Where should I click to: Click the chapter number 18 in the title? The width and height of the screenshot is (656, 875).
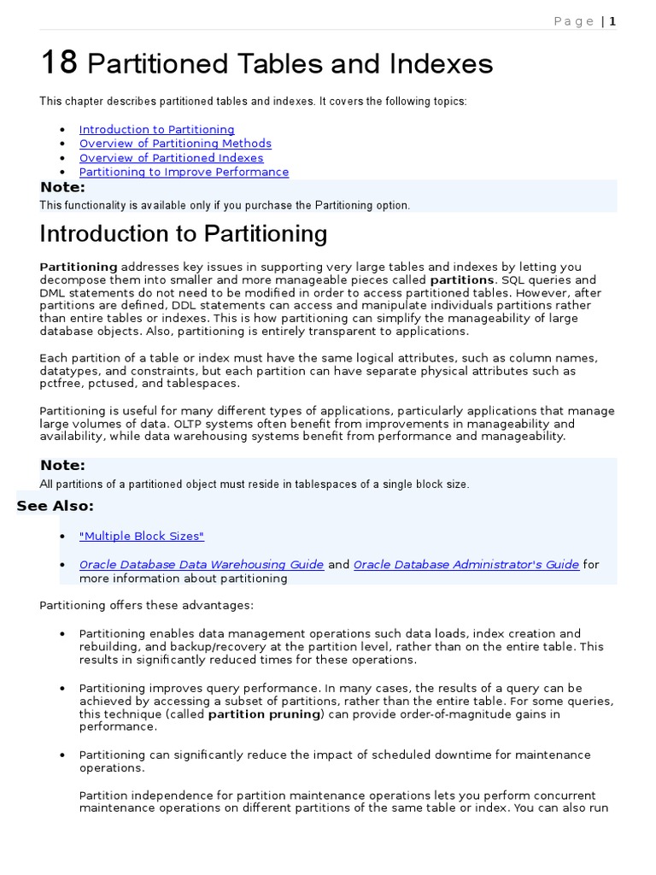point(59,62)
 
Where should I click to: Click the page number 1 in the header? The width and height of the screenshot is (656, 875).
point(612,21)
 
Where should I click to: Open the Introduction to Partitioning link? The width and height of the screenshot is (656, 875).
point(156,130)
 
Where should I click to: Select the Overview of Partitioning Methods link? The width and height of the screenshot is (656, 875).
point(175,144)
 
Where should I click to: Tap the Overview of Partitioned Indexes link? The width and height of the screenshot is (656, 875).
point(171,158)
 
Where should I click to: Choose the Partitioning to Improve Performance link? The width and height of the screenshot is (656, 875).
point(184,172)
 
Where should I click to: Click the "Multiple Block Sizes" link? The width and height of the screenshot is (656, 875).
point(142,537)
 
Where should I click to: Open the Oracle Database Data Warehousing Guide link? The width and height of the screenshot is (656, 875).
point(202,565)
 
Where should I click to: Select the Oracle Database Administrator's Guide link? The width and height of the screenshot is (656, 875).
point(466,565)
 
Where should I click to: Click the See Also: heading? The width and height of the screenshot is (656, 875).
point(55,506)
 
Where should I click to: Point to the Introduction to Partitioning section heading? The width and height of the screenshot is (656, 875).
point(183,234)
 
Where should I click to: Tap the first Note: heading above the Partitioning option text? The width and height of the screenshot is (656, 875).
point(62,188)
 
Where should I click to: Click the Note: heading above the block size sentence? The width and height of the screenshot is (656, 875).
point(62,466)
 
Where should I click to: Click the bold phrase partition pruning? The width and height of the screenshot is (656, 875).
point(263,714)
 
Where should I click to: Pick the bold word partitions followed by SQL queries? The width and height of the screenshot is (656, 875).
point(461,280)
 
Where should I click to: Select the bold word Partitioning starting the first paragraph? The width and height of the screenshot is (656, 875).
point(79,267)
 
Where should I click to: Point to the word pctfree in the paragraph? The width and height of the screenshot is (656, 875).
point(58,384)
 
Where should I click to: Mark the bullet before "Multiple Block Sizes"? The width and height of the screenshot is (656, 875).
point(63,537)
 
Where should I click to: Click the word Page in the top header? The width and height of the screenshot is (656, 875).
point(574,21)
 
